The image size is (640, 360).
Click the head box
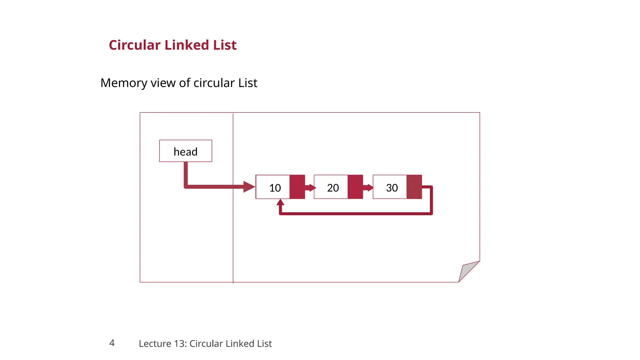pyautogui.click(x=185, y=151)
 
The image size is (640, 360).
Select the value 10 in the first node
pyautogui.click(x=275, y=188)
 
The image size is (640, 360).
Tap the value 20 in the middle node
pyautogui.click(x=333, y=188)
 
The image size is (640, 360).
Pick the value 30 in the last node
pyautogui.click(x=392, y=188)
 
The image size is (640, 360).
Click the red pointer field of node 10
pyautogui.click(x=297, y=187)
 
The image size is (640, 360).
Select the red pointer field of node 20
pyautogui.click(x=355, y=187)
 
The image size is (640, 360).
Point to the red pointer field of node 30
pyautogui.click(x=414, y=187)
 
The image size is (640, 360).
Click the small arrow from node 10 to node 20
pyautogui.click(x=310, y=188)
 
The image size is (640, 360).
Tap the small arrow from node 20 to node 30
pyautogui.click(x=368, y=188)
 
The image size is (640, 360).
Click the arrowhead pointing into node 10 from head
pyautogui.click(x=249, y=187)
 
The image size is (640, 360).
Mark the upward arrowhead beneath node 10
pyautogui.click(x=280, y=202)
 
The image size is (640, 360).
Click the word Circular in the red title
pyautogui.click(x=135, y=45)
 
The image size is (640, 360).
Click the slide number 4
pyautogui.click(x=112, y=343)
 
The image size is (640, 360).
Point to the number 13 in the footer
pyautogui.click(x=180, y=343)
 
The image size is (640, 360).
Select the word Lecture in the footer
pyautogui.click(x=154, y=343)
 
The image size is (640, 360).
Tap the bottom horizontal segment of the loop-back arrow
pyautogui.click(x=356, y=214)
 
